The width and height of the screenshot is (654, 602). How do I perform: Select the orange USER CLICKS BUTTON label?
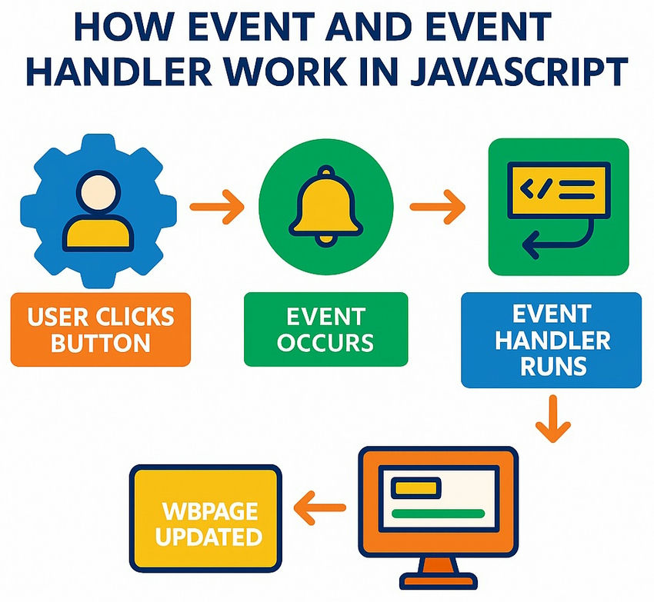tap(101, 328)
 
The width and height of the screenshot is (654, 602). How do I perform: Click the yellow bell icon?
tap(326, 204)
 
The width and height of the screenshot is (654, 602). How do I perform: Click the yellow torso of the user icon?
tap(98, 234)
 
